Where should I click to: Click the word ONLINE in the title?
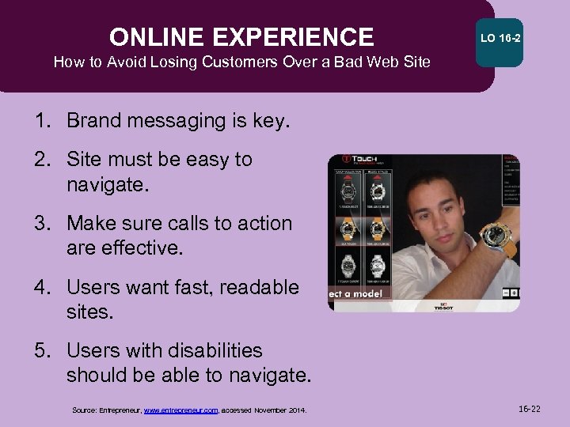(x=155, y=37)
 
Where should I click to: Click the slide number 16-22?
(x=529, y=409)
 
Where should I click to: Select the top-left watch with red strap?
(x=348, y=190)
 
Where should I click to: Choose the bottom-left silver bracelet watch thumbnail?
(x=348, y=266)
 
